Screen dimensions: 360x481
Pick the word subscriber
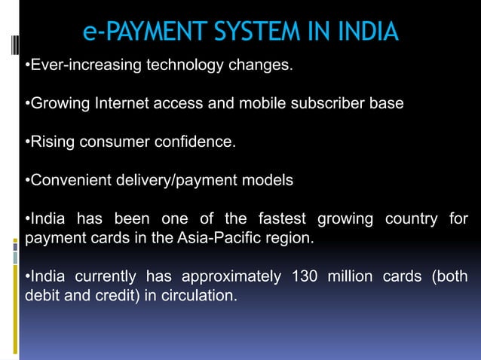330,103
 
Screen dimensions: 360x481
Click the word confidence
197,142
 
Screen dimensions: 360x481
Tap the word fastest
282,219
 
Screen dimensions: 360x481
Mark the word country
411,219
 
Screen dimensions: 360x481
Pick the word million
349,276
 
